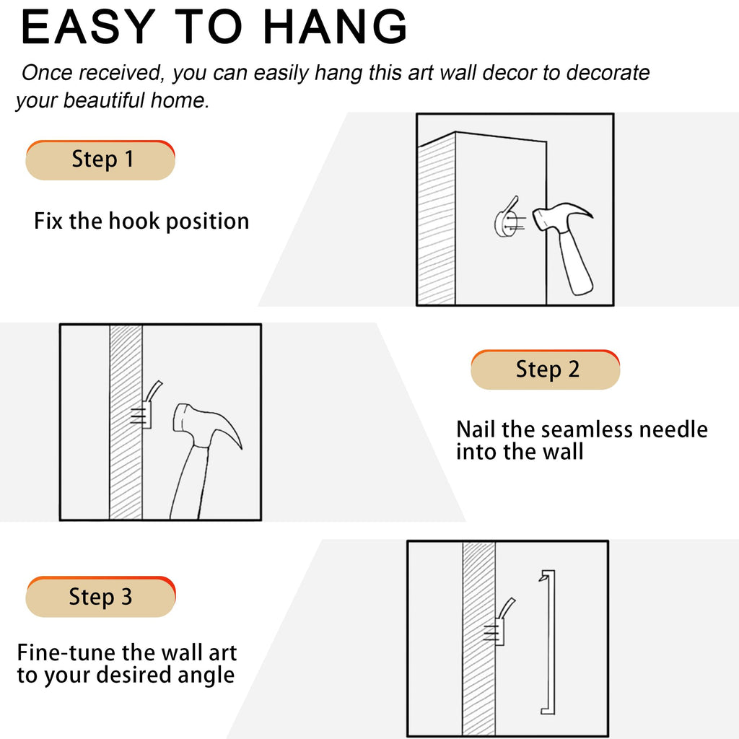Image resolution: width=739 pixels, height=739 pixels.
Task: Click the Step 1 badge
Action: (100, 160)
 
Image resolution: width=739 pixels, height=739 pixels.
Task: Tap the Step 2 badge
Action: (546, 369)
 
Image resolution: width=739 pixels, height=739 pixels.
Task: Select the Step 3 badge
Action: (100, 597)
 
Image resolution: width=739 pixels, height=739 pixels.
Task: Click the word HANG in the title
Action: (335, 27)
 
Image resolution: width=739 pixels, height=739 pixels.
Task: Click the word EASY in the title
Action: (88, 27)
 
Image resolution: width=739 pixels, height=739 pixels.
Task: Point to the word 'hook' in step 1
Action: (134, 221)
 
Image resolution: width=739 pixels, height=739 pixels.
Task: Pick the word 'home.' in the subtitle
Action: (180, 101)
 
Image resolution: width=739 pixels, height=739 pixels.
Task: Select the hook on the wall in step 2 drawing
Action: (148, 406)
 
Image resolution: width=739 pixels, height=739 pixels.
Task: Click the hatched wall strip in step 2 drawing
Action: (126, 421)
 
